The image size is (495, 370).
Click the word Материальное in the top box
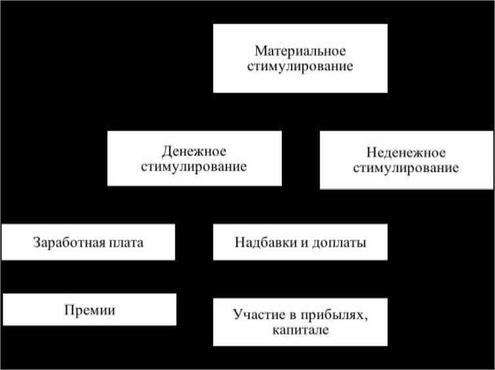click(x=300, y=51)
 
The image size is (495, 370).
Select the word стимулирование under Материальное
click(x=300, y=66)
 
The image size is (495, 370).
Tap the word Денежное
click(x=194, y=150)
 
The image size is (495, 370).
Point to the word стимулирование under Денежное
click(x=194, y=166)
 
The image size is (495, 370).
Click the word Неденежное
click(x=405, y=153)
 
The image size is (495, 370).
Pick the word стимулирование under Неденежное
click(x=405, y=168)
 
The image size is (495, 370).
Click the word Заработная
click(x=64, y=242)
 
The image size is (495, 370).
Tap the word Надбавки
click(x=261, y=242)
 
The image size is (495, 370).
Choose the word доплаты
click(x=337, y=242)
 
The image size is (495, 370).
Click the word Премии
click(x=90, y=310)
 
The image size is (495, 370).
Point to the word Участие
click(x=256, y=315)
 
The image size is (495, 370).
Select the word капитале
click(x=299, y=331)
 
